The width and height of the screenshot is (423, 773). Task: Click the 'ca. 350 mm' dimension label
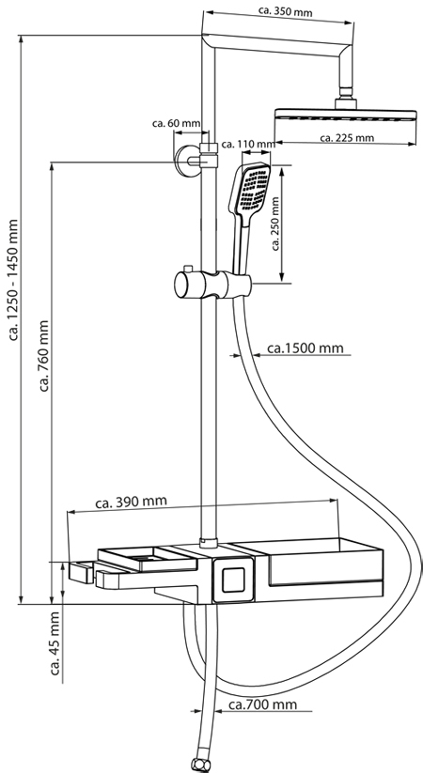coord(286,10)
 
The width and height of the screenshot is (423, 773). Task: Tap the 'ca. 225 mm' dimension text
coord(347,137)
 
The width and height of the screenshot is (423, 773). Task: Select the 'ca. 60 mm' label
coord(176,123)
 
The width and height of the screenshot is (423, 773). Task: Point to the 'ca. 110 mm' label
coord(248,144)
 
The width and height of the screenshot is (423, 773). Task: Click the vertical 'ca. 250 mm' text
coord(275,224)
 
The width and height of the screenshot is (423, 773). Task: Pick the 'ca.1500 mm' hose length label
coord(305,348)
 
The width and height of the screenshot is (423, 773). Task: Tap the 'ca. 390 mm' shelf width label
coord(132,502)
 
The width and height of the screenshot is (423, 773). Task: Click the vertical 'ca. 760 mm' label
coord(44,355)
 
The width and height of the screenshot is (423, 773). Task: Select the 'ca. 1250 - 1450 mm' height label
coord(13,280)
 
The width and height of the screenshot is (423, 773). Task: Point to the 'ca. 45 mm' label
coord(55,642)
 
